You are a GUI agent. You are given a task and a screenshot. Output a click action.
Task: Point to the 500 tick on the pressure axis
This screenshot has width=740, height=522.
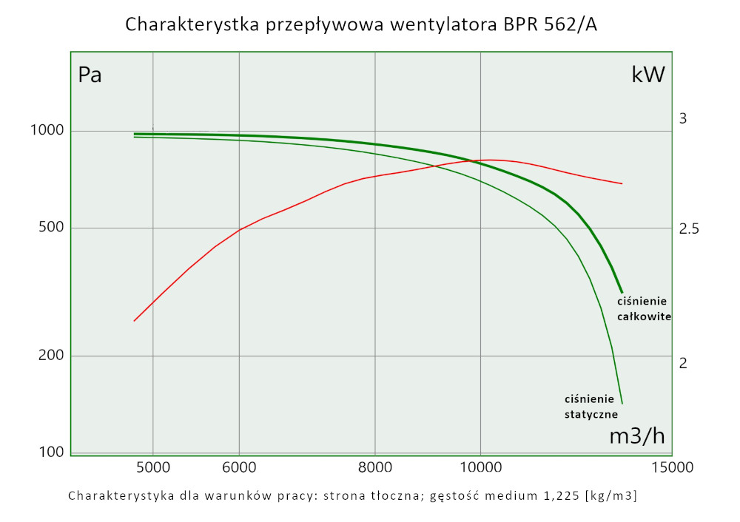[53, 228]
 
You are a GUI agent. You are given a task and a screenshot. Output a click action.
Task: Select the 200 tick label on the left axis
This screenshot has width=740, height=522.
[53, 356]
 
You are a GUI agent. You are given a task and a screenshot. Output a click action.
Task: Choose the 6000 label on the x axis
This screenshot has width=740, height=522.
[239, 467]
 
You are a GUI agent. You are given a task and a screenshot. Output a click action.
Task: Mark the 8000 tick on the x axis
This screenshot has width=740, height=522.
[375, 467]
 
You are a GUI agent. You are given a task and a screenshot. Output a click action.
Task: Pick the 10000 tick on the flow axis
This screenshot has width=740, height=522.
[481, 467]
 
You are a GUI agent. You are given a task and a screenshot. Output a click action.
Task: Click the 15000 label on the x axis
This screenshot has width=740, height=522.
[672, 467]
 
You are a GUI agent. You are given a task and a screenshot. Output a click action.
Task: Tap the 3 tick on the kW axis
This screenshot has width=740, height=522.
[684, 118]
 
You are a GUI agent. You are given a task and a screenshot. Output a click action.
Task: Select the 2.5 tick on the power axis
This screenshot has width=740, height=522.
[689, 229]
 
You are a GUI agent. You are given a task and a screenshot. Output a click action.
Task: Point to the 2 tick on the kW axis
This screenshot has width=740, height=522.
[684, 363]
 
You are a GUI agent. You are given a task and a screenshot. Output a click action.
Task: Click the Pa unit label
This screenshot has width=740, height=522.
[90, 75]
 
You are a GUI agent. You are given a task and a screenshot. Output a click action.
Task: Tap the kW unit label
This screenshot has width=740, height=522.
[648, 75]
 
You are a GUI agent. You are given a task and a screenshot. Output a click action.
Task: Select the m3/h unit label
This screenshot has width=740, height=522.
[636, 436]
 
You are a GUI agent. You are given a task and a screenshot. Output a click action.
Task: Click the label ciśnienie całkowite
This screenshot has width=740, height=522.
[644, 309]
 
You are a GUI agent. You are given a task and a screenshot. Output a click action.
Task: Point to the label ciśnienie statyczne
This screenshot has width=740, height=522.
[591, 407]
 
